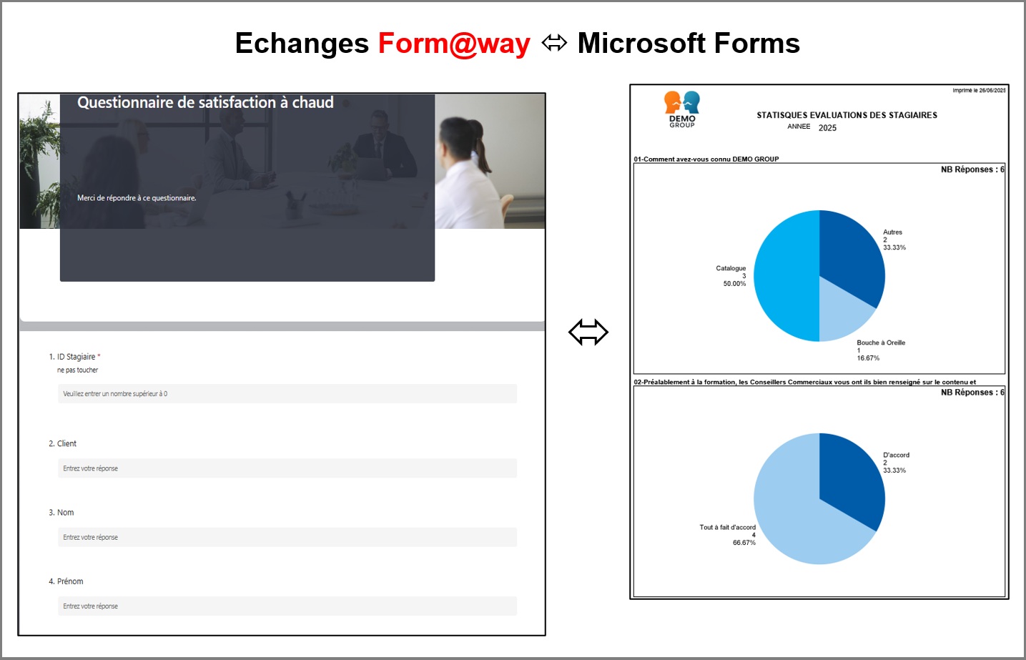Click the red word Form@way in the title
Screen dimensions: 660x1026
(x=454, y=44)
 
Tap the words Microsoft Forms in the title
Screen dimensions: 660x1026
(x=689, y=44)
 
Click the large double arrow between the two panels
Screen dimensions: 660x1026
(x=588, y=333)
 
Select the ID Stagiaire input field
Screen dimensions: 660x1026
(x=287, y=394)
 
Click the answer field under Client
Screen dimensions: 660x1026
(x=287, y=468)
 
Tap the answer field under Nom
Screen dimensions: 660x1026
(x=287, y=537)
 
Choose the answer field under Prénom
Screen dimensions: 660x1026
(x=287, y=606)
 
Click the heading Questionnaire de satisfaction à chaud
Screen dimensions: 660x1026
(x=205, y=103)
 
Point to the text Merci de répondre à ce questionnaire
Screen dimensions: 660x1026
(x=137, y=198)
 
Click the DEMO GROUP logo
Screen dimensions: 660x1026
(x=682, y=109)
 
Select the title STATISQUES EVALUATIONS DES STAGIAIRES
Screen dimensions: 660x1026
(x=847, y=115)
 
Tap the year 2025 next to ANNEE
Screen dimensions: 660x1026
(x=827, y=128)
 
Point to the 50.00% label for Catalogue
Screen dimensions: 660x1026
(x=734, y=284)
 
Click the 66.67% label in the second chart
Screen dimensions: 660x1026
(x=744, y=543)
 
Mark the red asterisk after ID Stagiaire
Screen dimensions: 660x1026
(x=99, y=356)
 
